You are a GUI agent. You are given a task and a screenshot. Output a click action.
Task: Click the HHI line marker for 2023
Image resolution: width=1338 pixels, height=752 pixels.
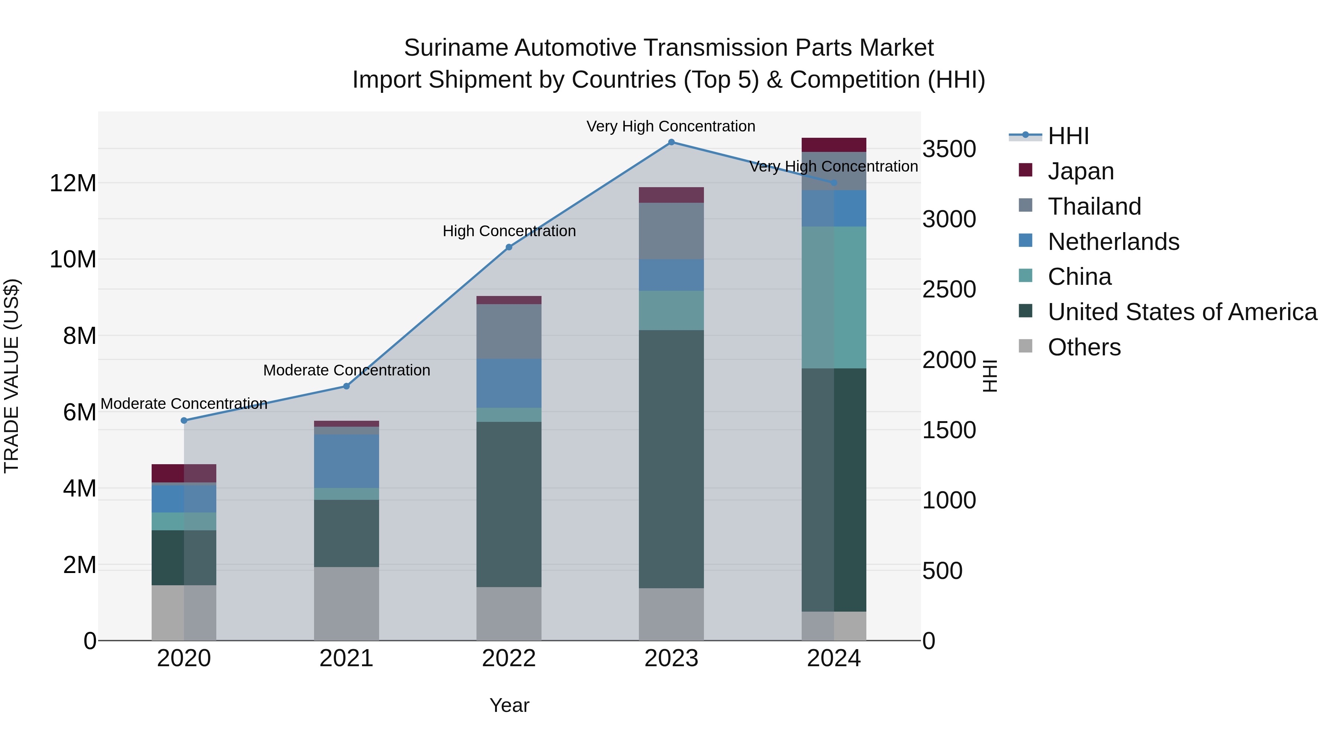[671, 142]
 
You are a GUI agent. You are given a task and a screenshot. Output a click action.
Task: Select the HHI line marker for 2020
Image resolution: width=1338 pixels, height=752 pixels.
[184, 420]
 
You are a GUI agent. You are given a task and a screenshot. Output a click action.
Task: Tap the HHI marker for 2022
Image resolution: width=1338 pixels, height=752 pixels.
[509, 247]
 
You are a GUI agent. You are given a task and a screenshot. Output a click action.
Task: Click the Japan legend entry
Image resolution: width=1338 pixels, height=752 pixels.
[1080, 171]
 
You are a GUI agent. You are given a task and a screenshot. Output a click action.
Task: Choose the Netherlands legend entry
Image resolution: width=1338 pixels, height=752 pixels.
[1113, 241]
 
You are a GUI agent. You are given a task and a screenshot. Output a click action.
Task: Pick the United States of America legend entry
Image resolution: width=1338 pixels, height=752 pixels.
[1182, 312]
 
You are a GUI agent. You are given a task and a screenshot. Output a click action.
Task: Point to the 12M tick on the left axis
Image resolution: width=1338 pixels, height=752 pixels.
[73, 183]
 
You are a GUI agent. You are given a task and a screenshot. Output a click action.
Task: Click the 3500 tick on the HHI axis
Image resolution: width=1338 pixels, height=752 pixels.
[949, 149]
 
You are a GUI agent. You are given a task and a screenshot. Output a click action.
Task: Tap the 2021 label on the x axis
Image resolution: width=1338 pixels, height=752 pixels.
[346, 658]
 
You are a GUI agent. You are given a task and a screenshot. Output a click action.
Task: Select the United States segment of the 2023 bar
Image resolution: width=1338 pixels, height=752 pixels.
[671, 459]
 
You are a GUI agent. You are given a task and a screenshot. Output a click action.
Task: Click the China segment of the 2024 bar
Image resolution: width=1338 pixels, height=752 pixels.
[834, 297]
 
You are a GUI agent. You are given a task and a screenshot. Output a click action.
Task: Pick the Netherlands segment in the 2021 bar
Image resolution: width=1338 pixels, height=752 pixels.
[346, 461]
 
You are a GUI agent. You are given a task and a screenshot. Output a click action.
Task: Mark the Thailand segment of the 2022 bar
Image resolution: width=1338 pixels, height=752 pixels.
[509, 331]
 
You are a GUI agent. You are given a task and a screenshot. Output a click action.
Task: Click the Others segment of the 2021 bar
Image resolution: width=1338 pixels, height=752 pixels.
[346, 603]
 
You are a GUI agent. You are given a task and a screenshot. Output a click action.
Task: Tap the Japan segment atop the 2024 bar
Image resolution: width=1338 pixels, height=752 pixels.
[834, 145]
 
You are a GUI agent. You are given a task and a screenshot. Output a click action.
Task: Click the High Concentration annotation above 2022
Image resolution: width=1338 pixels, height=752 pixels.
[509, 231]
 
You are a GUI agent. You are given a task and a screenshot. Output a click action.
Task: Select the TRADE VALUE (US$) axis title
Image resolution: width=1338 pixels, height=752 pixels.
[12, 376]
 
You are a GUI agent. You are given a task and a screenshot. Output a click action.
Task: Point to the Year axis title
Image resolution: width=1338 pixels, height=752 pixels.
[509, 705]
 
